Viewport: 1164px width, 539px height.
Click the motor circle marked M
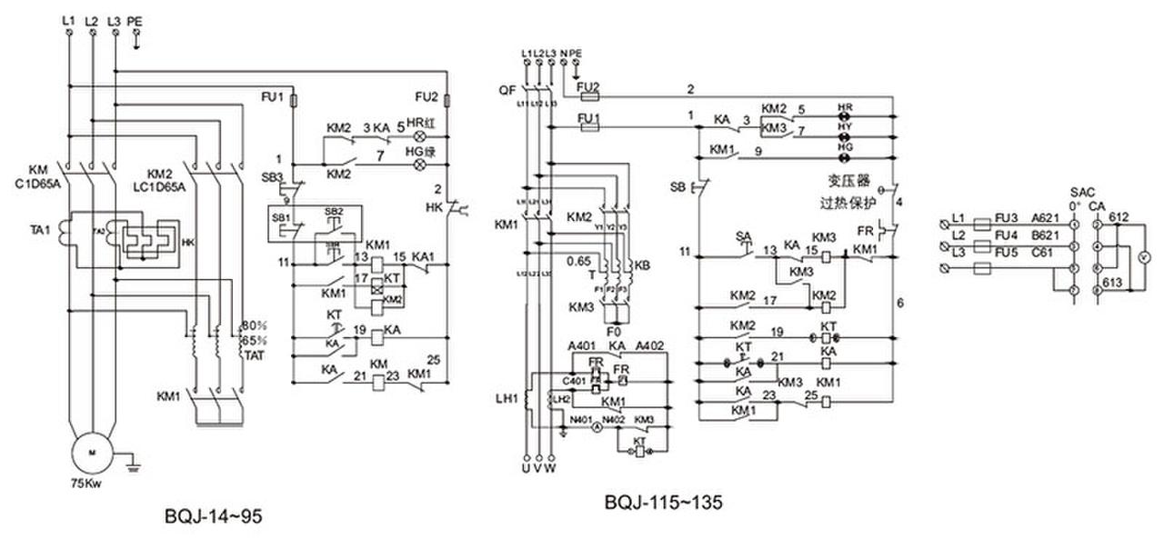[x=91, y=453]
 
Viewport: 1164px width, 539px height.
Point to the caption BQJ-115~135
[x=663, y=502]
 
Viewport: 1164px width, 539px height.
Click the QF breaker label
[x=507, y=91]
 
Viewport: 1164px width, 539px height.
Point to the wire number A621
[x=1044, y=219]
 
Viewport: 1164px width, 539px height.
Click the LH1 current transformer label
[x=506, y=398]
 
